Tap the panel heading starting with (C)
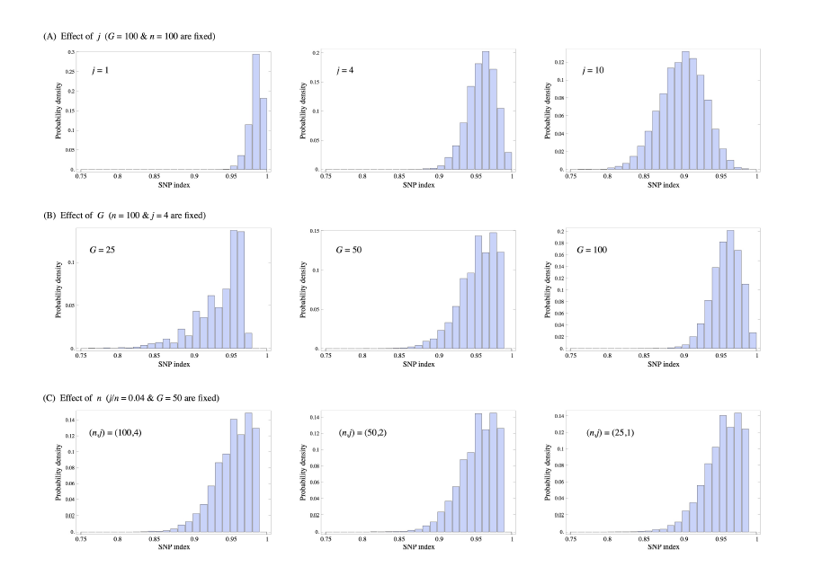click(135, 397)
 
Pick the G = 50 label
click(347, 249)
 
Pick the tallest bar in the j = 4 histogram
click(486, 111)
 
